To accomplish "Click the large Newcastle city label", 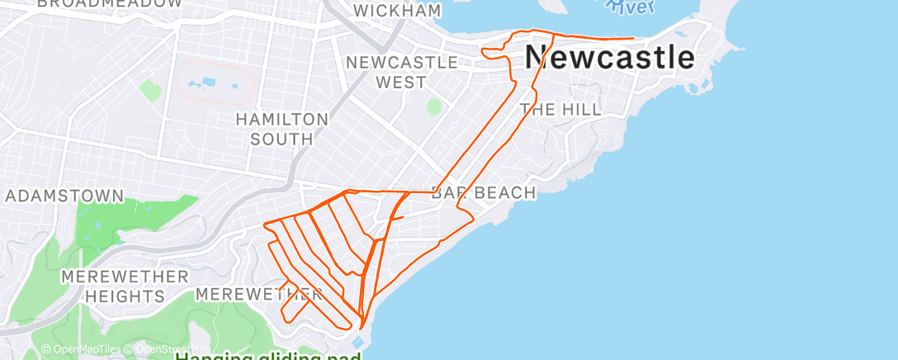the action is click(x=610, y=58).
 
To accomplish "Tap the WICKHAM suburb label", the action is click(x=397, y=11).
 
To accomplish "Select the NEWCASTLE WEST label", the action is click(x=402, y=72).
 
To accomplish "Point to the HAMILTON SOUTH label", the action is click(x=281, y=129).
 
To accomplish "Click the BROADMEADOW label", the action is click(x=110, y=3).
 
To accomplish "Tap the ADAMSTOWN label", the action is click(x=64, y=197).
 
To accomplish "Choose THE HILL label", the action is click(x=560, y=109).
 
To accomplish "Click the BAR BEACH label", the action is click(x=484, y=193).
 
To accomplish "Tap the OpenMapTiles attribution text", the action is click(x=84, y=349).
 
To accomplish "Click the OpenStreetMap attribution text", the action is click(x=169, y=349).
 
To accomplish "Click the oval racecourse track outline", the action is click(x=217, y=82).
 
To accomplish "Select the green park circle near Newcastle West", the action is click(x=434, y=107).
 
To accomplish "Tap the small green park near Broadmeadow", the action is click(x=149, y=89).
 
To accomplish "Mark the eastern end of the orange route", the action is click(x=632, y=38).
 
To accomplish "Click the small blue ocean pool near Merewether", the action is click(x=357, y=341).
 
